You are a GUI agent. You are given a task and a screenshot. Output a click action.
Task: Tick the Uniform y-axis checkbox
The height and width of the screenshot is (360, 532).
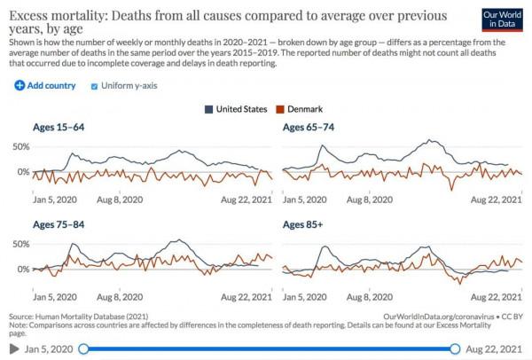click(x=95, y=86)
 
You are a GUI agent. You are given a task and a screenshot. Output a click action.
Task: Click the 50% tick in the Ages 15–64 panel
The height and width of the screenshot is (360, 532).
click(x=21, y=145)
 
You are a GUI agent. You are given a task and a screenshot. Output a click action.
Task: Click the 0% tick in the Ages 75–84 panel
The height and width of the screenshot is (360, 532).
click(x=24, y=268)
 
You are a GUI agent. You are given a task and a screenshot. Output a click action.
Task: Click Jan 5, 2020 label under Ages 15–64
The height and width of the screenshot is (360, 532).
click(x=55, y=200)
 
